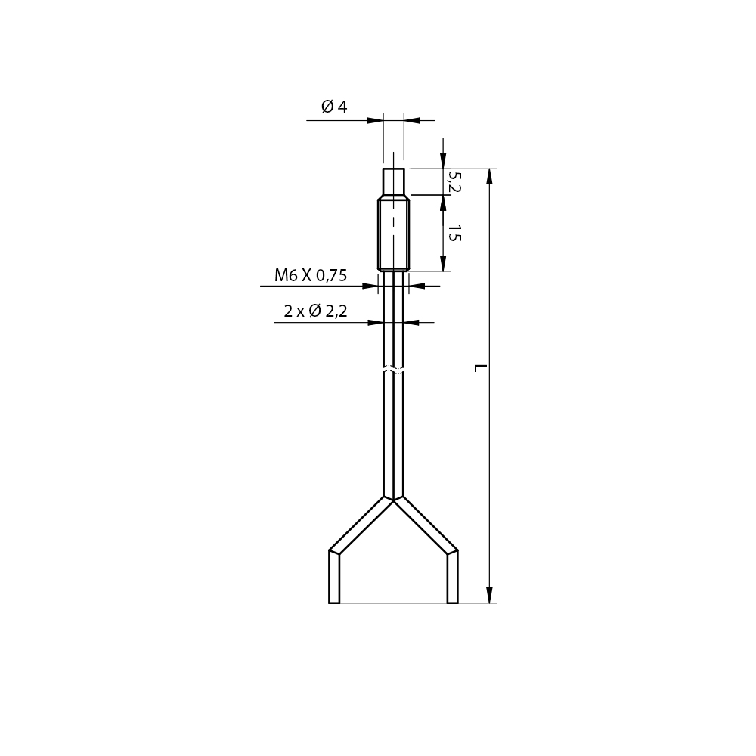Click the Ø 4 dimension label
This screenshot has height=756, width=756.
tap(334, 106)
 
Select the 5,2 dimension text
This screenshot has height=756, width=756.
tap(454, 181)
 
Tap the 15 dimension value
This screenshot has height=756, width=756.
tap(454, 233)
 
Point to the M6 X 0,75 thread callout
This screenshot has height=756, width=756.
tap(311, 275)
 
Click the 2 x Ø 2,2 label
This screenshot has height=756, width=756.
tap(315, 311)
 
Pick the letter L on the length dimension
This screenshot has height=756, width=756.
tap(480, 368)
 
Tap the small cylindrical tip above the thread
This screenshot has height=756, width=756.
tap(393, 181)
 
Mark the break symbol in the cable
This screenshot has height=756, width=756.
tap(393, 370)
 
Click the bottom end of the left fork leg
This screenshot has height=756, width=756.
tap(334, 603)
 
